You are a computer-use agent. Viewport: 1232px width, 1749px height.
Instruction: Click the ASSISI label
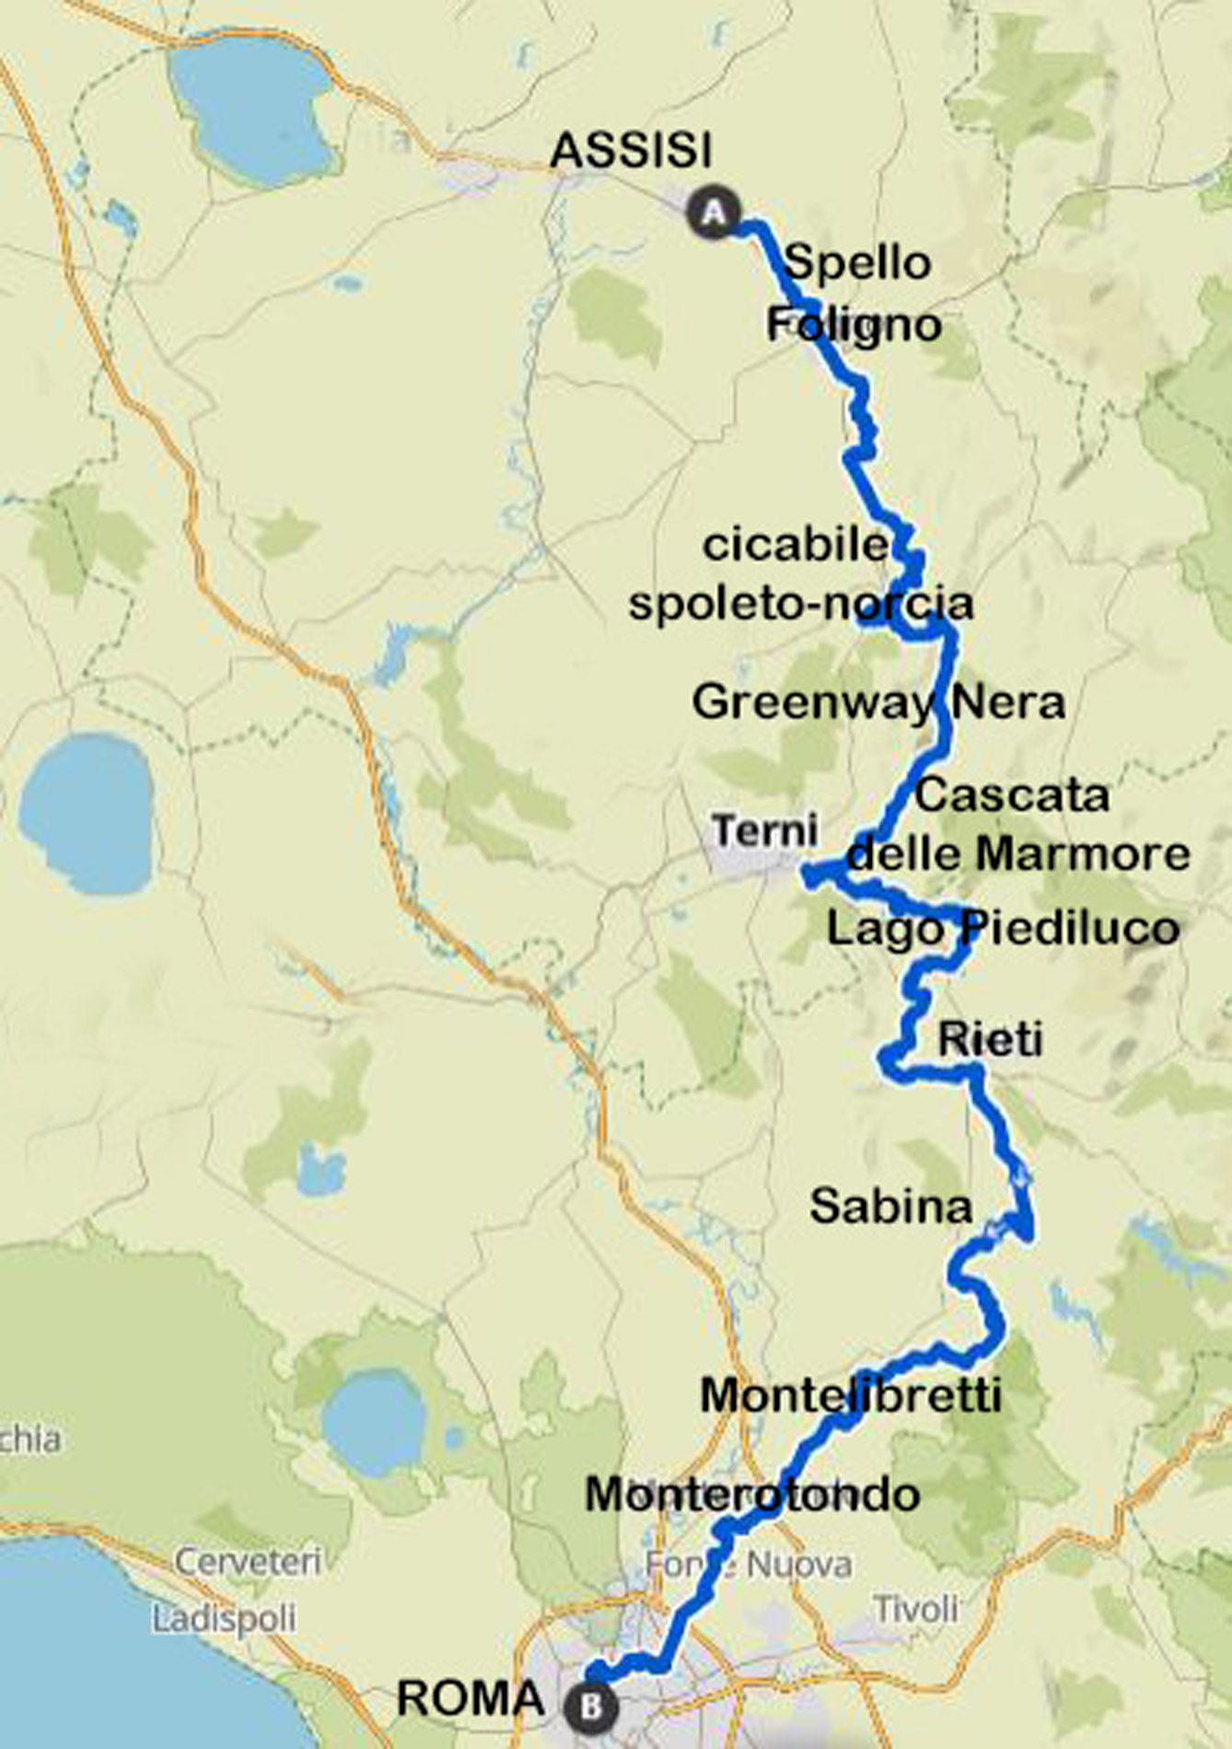(x=631, y=149)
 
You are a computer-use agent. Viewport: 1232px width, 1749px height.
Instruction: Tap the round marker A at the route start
(x=714, y=214)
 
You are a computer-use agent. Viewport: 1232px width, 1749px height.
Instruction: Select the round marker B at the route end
(x=591, y=1706)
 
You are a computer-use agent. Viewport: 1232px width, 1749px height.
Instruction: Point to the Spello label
(x=857, y=262)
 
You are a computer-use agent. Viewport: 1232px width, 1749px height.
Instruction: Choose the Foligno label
(x=854, y=324)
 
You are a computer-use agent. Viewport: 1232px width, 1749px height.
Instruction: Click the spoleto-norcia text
(x=800, y=603)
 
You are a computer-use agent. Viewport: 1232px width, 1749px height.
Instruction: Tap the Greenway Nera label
(x=878, y=701)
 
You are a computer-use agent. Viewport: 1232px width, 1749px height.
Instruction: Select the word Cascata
(x=1012, y=794)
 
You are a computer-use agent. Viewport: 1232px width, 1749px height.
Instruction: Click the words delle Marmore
(x=1018, y=853)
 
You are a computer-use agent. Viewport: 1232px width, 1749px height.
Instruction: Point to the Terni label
(x=764, y=830)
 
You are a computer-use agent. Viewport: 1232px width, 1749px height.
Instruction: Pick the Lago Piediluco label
(x=1003, y=927)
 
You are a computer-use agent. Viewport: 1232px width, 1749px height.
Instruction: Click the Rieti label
(x=990, y=1039)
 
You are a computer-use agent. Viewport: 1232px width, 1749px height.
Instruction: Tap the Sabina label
(x=890, y=1205)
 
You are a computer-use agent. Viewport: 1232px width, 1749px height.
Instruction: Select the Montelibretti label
(x=851, y=1395)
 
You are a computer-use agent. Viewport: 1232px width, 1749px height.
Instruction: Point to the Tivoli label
(x=915, y=1608)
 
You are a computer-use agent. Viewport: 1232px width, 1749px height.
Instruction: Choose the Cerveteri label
(x=248, y=1561)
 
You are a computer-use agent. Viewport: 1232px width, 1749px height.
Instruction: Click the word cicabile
(x=795, y=544)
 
